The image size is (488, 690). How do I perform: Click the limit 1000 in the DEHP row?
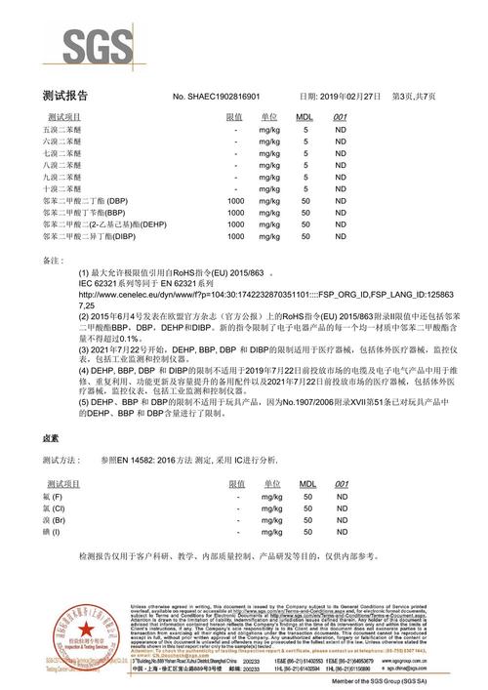(x=235, y=223)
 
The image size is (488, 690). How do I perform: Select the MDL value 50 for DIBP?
(x=305, y=236)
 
